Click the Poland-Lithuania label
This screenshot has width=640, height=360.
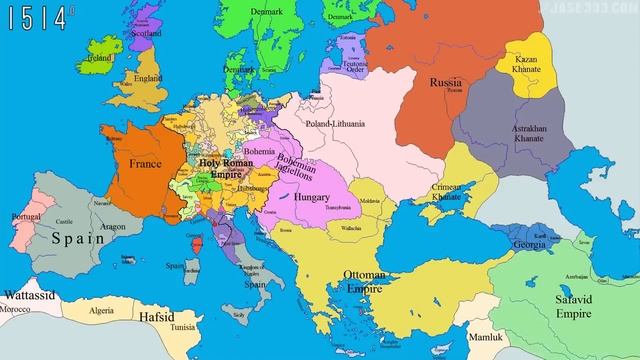(x=337, y=125)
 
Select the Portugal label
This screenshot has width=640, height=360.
(x=25, y=217)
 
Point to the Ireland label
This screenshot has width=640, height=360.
(x=99, y=58)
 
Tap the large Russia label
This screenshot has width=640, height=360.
(x=445, y=82)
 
